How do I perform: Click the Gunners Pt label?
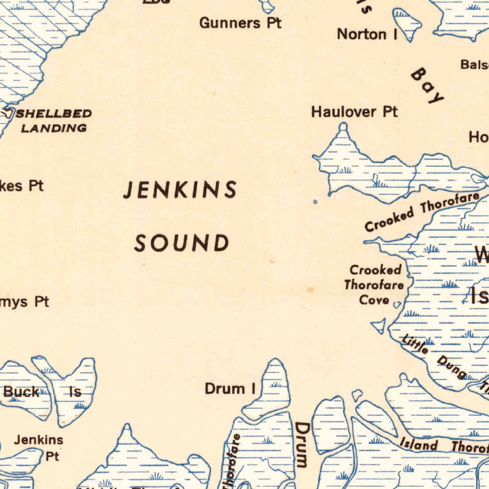coord(240,22)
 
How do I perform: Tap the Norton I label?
coord(368,34)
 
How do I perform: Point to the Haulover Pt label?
coord(354,112)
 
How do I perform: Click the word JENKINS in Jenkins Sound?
coord(180,190)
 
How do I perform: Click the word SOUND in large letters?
coord(181,243)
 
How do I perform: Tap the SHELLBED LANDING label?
coord(54,121)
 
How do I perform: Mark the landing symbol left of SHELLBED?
coord(8,114)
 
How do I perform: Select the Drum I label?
coord(231,389)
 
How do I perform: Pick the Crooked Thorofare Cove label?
coord(374,285)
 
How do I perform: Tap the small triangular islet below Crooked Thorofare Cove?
coord(380,326)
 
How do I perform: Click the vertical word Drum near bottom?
coord(302,444)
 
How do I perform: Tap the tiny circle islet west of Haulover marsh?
coord(315,202)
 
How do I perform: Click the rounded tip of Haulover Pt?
coord(343,127)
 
